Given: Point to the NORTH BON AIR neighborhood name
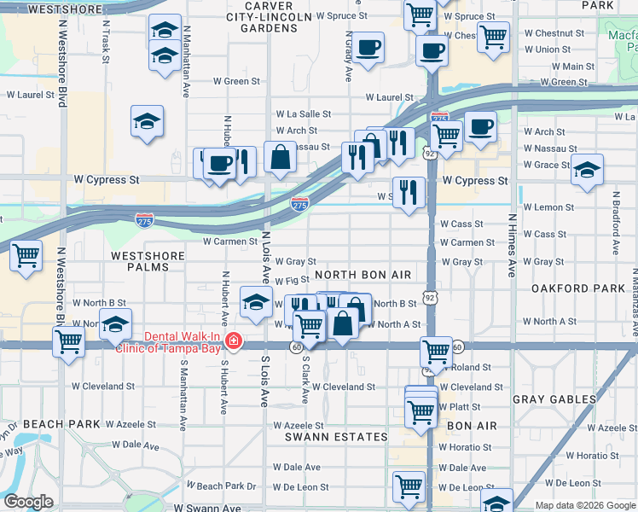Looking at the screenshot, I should pos(362,275).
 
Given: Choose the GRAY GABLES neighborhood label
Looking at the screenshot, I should pos(554,399).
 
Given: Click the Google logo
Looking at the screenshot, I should pos(28,502).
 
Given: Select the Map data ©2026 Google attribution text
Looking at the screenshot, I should pos(585,505).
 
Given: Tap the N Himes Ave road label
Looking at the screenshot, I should pos(512,244).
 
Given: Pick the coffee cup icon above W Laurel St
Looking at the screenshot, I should pos(368,47).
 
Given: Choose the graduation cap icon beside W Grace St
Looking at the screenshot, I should pos(587,169).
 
